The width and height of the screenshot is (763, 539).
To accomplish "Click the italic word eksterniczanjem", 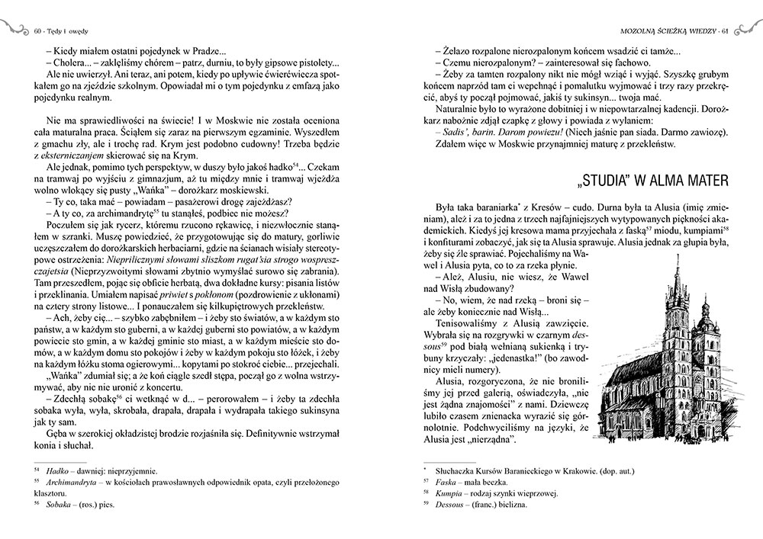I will pyautogui.click(x=77, y=153).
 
